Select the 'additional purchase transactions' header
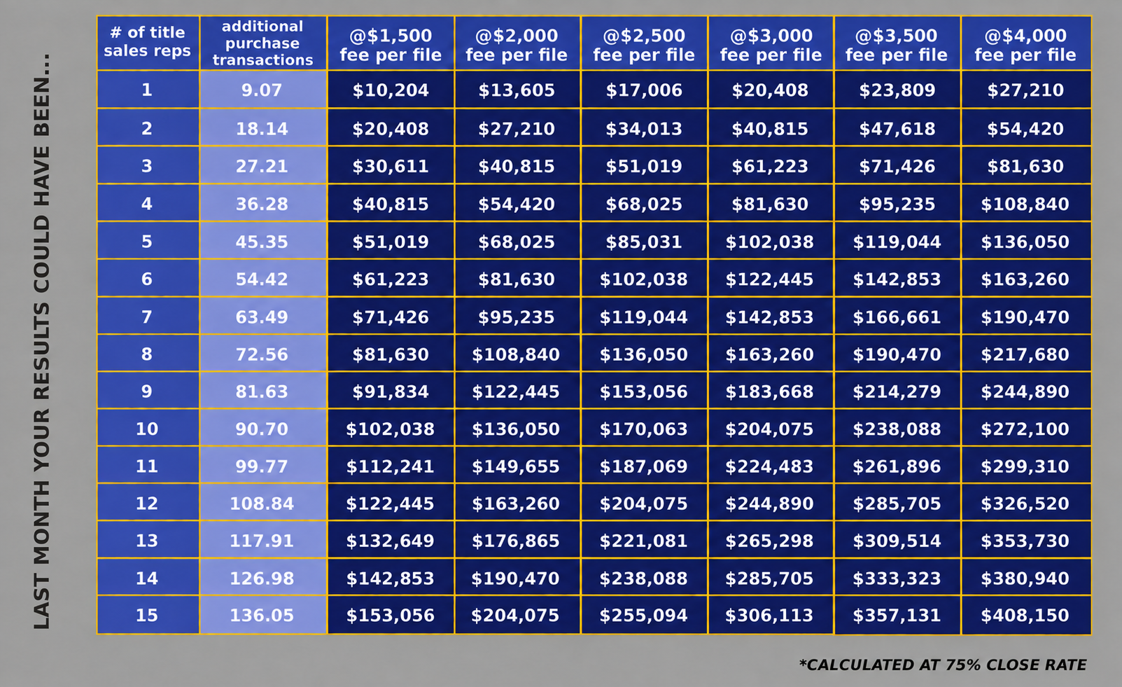(262, 43)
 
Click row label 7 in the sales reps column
(147, 317)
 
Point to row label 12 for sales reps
(147, 503)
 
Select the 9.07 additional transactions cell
(262, 90)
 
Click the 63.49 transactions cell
(262, 317)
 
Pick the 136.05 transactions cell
(262, 616)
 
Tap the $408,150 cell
(1025, 616)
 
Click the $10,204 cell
(390, 90)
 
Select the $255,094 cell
(644, 616)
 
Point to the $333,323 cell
(897, 578)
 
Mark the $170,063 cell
(644, 429)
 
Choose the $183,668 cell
(769, 391)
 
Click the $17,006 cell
(644, 90)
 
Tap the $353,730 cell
(1025, 541)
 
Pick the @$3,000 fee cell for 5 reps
(769, 242)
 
